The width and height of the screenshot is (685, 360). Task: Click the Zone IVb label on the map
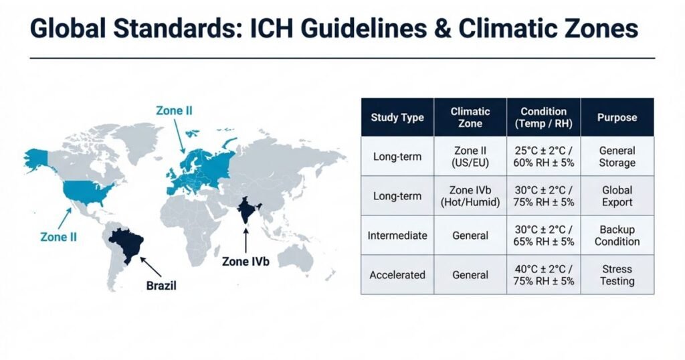click(246, 261)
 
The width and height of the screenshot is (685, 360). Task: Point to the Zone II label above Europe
click(174, 110)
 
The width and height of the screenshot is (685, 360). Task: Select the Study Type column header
click(397, 118)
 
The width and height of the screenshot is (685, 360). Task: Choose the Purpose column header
click(617, 118)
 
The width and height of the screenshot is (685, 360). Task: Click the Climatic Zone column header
click(470, 118)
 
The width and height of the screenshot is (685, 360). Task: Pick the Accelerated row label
click(397, 275)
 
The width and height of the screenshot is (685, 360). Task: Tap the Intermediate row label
click(397, 236)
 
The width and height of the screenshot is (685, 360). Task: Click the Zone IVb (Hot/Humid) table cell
click(470, 196)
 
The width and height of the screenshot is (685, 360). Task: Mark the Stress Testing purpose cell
click(617, 275)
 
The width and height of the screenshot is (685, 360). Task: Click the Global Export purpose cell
click(617, 196)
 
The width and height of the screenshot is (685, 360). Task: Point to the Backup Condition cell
click(617, 236)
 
